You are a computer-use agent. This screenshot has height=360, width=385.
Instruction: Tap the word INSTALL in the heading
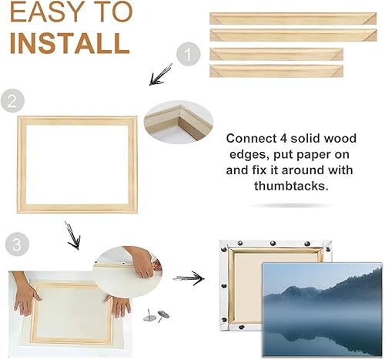point(70,43)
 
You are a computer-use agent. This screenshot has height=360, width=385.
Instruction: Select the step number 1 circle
point(188,55)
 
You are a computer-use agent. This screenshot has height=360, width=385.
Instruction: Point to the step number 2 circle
point(12,100)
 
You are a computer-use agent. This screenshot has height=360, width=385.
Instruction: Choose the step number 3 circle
point(17,244)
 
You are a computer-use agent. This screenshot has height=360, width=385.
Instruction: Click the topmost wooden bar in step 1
point(293,19)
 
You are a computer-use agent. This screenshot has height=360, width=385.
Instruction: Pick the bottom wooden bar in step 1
point(276,71)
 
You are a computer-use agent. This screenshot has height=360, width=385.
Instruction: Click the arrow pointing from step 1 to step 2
point(161,75)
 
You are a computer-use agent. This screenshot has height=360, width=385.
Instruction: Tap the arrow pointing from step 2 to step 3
point(73,235)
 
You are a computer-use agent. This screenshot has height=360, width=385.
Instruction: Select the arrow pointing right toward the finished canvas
point(189,278)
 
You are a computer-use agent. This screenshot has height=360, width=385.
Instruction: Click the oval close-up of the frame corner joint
point(179,122)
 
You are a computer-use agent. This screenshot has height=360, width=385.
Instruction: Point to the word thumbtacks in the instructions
point(291,186)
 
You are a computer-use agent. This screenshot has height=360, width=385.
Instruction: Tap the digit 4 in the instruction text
point(282,139)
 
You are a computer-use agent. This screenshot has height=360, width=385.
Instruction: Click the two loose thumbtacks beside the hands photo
point(156,315)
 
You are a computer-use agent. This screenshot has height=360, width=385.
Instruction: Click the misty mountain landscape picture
point(322,309)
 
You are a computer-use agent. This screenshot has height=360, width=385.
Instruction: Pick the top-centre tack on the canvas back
point(273,243)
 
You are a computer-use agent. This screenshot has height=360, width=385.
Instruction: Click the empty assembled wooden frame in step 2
point(22,164)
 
